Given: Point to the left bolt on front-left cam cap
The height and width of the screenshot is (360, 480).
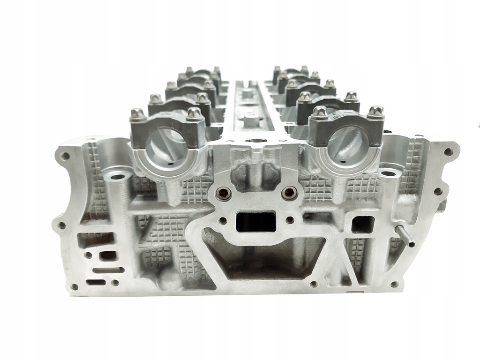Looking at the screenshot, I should click(137, 114).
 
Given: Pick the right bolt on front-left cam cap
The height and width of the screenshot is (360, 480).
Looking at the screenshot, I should click(192, 114).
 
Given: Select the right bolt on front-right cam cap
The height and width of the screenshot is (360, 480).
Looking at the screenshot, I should click(375, 112).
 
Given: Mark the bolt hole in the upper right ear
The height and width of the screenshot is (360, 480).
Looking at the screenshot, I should click(449, 152).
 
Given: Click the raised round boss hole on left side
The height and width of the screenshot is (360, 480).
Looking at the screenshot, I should click(115, 177).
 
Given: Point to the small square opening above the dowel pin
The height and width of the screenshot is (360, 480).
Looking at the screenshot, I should click(362, 224).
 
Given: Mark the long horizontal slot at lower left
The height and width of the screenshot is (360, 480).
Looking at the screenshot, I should click(108, 270).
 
